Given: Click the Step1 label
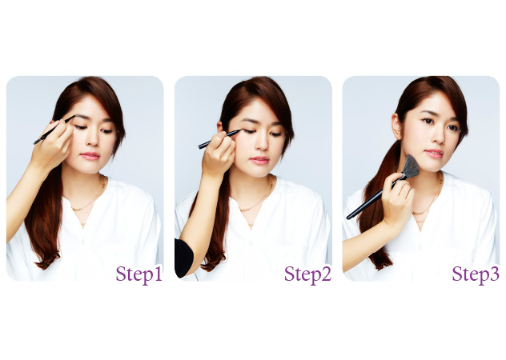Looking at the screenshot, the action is pyautogui.click(x=139, y=274).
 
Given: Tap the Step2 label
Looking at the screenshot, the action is pyautogui.click(x=307, y=274).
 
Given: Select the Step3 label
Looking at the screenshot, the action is pyautogui.click(x=476, y=274).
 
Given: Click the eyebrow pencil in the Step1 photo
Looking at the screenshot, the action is pyautogui.click(x=54, y=130).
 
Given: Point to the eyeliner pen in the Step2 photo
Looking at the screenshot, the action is pyautogui.click(x=219, y=139).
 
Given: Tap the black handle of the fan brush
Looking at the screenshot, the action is pyautogui.click(x=375, y=198).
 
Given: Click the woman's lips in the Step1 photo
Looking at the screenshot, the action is pyautogui.click(x=90, y=156).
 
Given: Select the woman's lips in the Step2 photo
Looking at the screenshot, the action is pyautogui.click(x=259, y=160).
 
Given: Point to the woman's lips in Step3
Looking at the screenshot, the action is pyautogui.click(x=434, y=153).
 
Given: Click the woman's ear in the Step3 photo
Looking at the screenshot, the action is pyautogui.click(x=396, y=126).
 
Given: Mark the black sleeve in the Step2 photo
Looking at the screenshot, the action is pyautogui.click(x=183, y=258).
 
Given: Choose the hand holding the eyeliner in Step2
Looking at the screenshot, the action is pyautogui.click(x=219, y=154).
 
